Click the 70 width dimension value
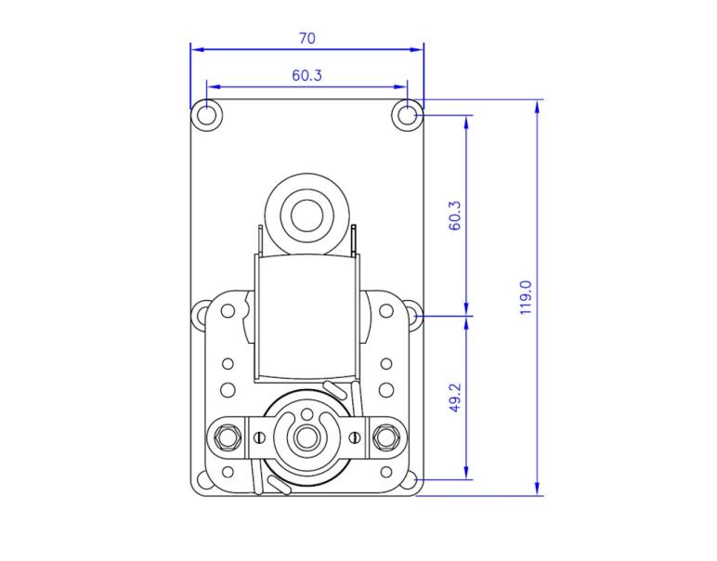tap(306, 38)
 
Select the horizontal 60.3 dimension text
tap(306, 75)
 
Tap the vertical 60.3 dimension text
tap(454, 215)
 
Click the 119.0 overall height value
tap(525, 297)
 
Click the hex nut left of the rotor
tap(226, 434)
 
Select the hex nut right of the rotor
tap(385, 434)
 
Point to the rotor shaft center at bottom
tap(306, 434)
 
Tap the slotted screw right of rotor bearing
tap(355, 435)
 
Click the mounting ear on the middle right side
tap(411, 316)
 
